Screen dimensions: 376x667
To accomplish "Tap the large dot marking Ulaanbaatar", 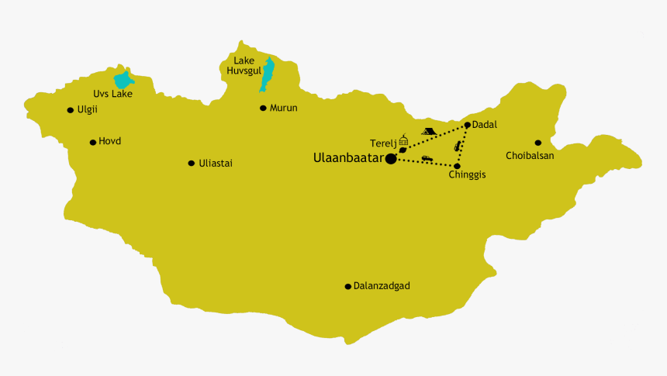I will click(x=391, y=158).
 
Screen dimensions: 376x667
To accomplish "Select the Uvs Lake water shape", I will click(x=123, y=81).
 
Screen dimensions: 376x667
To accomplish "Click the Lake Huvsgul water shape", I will click(x=268, y=74).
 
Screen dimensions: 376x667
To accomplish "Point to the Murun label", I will click(x=283, y=108).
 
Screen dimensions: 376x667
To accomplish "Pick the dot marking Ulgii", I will click(x=71, y=110).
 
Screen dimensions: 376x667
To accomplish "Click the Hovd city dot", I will click(x=93, y=142).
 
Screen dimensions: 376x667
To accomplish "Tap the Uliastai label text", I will click(x=216, y=163).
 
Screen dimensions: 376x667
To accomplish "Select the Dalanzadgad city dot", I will click(x=348, y=286).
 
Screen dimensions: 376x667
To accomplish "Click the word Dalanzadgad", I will click(x=382, y=286).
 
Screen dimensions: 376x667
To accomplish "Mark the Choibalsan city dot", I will click(x=537, y=143).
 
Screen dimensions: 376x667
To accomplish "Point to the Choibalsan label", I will click(x=530, y=155).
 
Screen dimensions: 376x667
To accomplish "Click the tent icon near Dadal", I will click(x=427, y=132).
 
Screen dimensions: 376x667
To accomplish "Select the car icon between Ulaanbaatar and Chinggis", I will click(x=426, y=159).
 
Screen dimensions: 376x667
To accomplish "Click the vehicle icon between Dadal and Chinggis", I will click(x=458, y=145).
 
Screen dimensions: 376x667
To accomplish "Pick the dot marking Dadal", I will click(x=467, y=125).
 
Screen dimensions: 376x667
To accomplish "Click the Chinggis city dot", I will click(x=457, y=166).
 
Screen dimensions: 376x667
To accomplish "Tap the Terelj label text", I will click(x=383, y=143).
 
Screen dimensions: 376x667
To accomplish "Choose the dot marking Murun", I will click(x=263, y=108).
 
